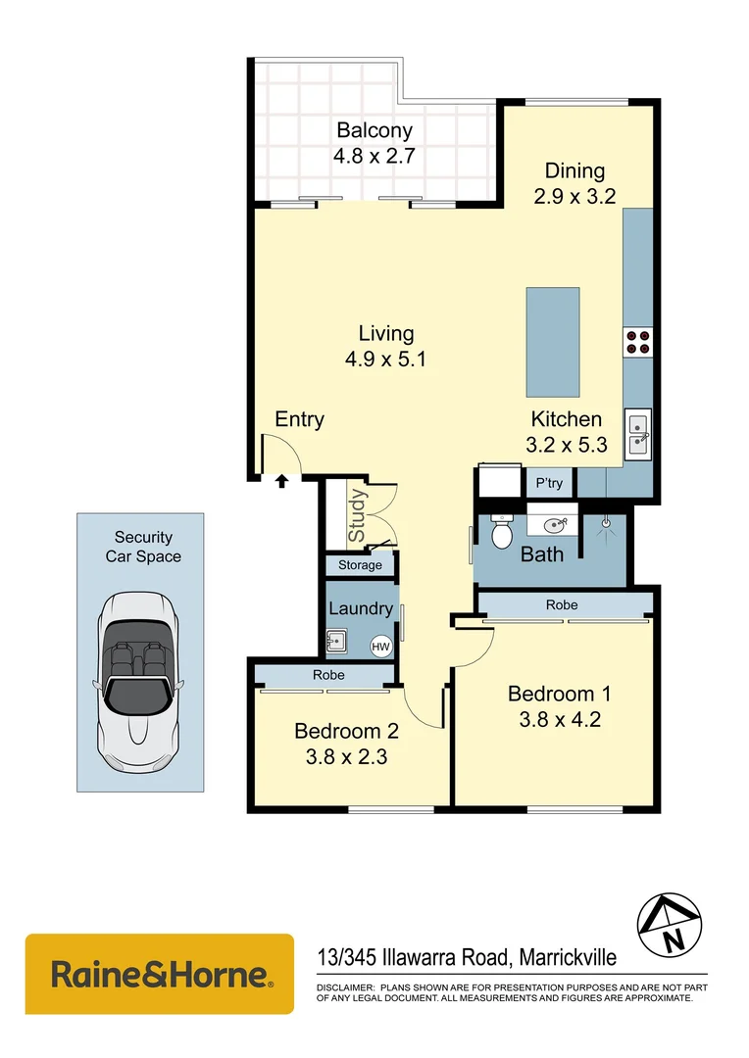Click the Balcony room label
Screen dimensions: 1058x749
[374, 130]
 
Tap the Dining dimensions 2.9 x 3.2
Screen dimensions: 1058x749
[574, 195]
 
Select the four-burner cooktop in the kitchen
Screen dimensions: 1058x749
[637, 340]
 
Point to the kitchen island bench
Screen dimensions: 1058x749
[553, 338]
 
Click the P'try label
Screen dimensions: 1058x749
[549, 483]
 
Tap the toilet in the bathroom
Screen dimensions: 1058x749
[501, 533]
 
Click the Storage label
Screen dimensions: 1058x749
[360, 565]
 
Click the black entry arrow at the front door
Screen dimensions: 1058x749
[281, 481]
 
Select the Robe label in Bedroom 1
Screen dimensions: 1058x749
[562, 605]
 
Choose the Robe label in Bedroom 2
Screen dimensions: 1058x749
[328, 675]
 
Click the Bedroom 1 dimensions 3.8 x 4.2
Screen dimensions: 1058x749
[559, 719]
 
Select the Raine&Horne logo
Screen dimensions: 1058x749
[159, 974]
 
